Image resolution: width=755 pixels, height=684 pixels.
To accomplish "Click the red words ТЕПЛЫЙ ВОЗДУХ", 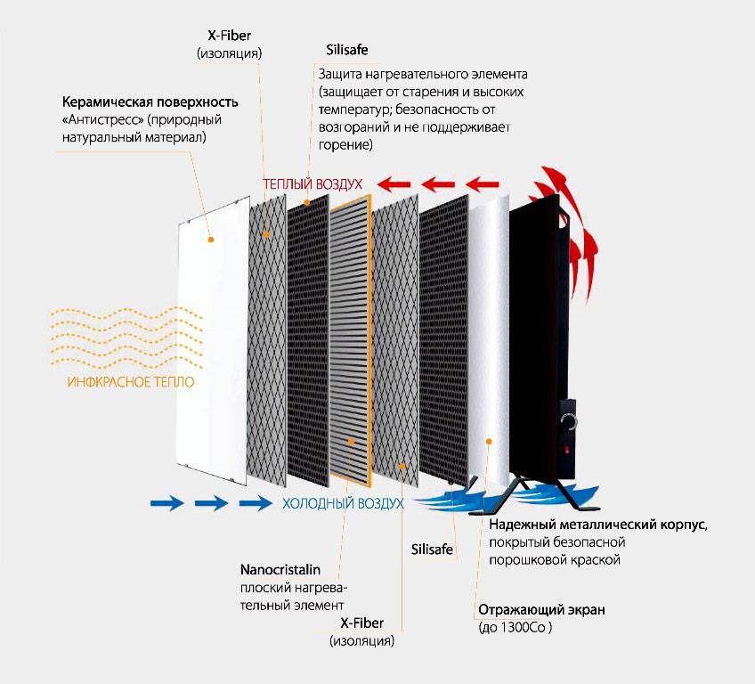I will coord(313,183).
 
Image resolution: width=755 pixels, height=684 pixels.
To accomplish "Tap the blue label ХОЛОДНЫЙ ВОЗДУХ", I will coord(343,503).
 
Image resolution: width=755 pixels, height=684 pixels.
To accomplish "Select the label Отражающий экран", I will coord(541,610).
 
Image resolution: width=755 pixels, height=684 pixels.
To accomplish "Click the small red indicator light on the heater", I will coord(566,451).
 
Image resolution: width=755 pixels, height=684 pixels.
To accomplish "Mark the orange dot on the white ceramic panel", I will coord(210,240).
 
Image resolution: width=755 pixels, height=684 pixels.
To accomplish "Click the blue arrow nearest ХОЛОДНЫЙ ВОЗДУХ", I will coord(256,503).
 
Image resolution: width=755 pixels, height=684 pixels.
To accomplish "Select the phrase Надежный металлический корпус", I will coord(597,525).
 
